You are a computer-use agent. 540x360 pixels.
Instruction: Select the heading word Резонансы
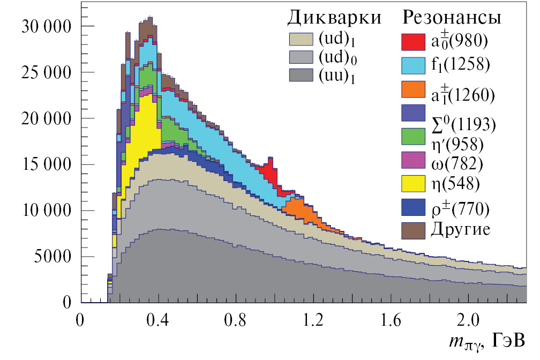click(452, 18)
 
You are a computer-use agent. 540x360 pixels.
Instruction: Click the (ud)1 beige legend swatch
click(304, 39)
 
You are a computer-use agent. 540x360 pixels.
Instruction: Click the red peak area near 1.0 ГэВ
click(270, 174)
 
